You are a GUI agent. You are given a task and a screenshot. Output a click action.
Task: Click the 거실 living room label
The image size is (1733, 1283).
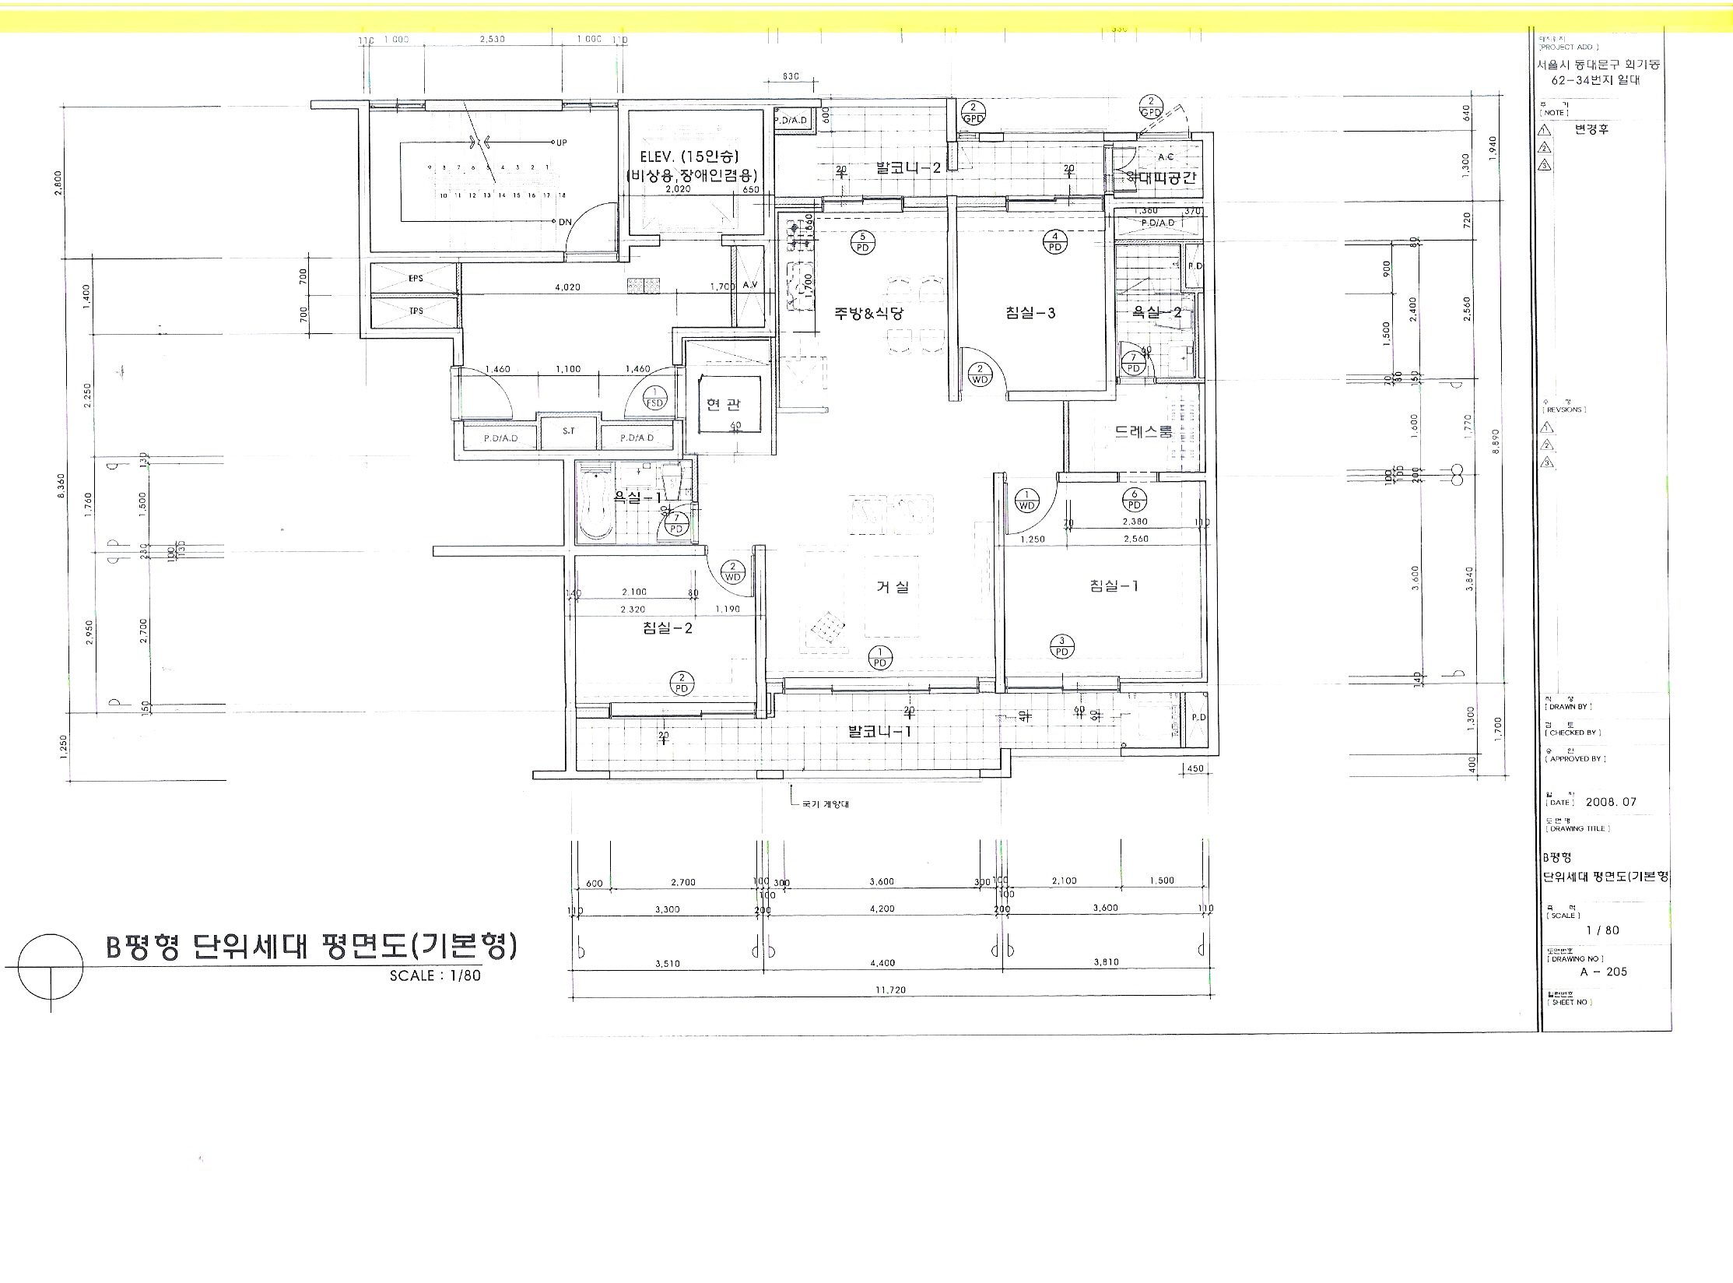point(893,587)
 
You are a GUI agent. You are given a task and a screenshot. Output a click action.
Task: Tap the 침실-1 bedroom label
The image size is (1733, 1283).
point(1114,586)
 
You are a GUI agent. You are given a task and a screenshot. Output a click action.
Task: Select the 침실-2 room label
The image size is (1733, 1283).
point(668,628)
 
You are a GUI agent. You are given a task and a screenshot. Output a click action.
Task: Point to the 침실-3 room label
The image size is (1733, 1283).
point(1030,313)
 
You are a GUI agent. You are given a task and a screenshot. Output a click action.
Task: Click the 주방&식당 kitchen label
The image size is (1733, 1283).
point(869,313)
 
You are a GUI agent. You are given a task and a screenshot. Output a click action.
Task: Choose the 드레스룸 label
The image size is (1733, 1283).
point(1143,431)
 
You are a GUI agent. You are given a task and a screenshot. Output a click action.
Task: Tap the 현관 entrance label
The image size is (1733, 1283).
point(724,404)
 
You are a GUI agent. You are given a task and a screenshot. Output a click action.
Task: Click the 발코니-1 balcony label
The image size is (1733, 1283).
point(879,732)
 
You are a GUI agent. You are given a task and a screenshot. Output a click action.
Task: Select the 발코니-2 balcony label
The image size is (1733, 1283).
point(908,167)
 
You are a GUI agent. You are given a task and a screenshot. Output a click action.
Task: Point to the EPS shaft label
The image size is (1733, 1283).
point(416,278)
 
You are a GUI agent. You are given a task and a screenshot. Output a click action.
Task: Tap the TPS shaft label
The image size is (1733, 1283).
point(416,311)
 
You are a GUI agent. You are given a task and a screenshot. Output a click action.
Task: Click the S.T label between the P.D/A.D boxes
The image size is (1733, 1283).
point(569,431)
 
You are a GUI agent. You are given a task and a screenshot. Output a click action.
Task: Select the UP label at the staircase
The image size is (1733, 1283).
point(562,142)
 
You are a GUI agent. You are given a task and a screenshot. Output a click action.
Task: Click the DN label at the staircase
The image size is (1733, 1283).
point(565,222)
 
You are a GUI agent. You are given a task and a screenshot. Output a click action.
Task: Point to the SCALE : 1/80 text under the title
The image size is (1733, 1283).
point(435,975)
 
